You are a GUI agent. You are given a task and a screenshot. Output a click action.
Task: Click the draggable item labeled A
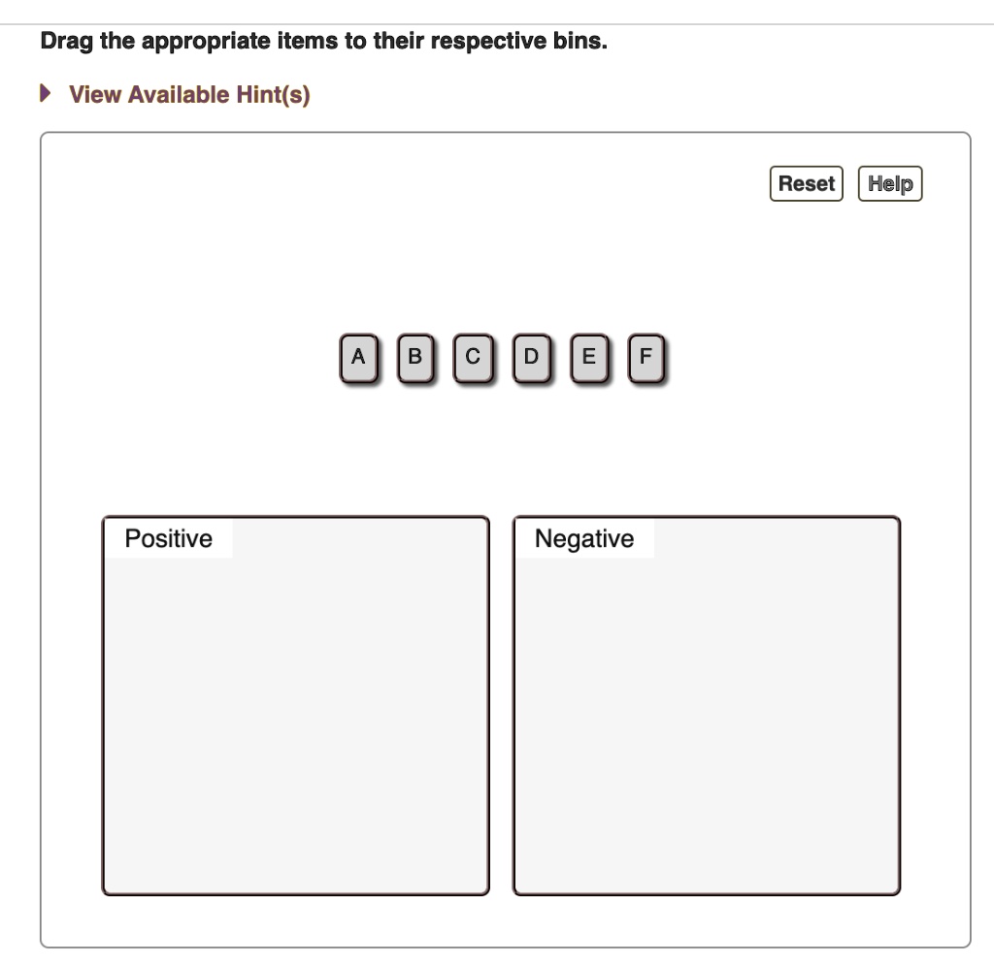tap(359, 358)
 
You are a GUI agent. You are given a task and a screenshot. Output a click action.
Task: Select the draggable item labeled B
tap(415, 358)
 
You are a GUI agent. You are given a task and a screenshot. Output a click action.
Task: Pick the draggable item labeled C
tap(473, 358)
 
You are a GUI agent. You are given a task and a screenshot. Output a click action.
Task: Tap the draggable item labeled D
tap(530, 358)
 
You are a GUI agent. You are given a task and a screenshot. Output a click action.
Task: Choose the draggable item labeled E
tap(587, 358)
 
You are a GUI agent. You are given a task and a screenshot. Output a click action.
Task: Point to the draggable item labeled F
tap(646, 358)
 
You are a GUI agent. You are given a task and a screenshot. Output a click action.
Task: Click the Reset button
tap(806, 183)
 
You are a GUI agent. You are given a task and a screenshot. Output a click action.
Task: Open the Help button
tap(890, 183)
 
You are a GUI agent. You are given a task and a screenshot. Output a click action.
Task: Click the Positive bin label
tap(169, 538)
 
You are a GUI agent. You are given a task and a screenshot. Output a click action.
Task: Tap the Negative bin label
tap(584, 538)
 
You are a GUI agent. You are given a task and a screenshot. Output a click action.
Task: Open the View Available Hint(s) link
tap(189, 95)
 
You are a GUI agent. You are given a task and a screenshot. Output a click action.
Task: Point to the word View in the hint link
tap(95, 95)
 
